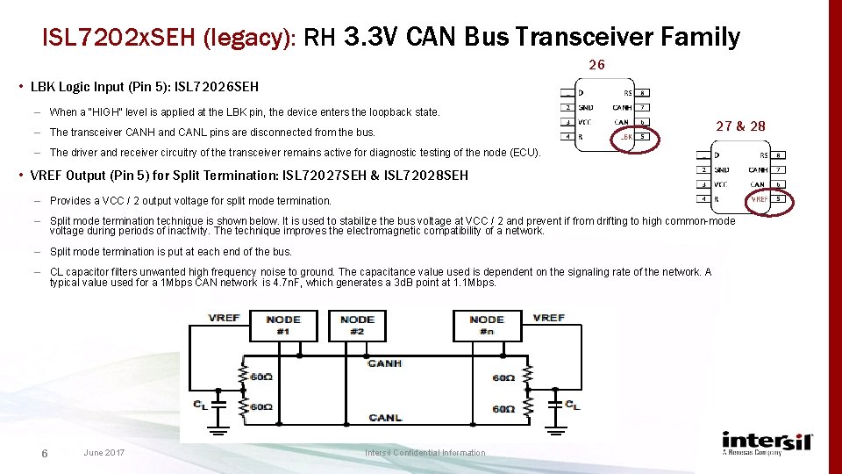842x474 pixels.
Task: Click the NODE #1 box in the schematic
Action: coord(282,325)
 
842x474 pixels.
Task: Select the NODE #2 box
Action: coord(357,325)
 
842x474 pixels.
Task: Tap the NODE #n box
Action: coord(487,325)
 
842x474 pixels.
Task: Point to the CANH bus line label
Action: coord(384,363)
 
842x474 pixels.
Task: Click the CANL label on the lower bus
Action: coord(384,417)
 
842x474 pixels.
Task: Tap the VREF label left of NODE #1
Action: coord(224,318)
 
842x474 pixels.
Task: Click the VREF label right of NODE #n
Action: coord(548,318)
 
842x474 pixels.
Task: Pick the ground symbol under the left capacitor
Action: coord(217,429)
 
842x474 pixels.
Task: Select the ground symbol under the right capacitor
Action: coord(554,429)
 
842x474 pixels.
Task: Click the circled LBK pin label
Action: coord(627,137)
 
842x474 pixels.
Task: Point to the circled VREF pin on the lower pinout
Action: coord(759,199)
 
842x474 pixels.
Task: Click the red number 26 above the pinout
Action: coord(596,65)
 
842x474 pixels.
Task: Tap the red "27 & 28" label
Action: coord(740,126)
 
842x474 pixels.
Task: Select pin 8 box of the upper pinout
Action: coord(643,93)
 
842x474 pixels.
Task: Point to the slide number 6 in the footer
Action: coord(44,453)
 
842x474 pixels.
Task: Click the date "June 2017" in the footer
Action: coord(103,453)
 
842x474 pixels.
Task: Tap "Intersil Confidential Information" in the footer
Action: coord(425,453)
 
